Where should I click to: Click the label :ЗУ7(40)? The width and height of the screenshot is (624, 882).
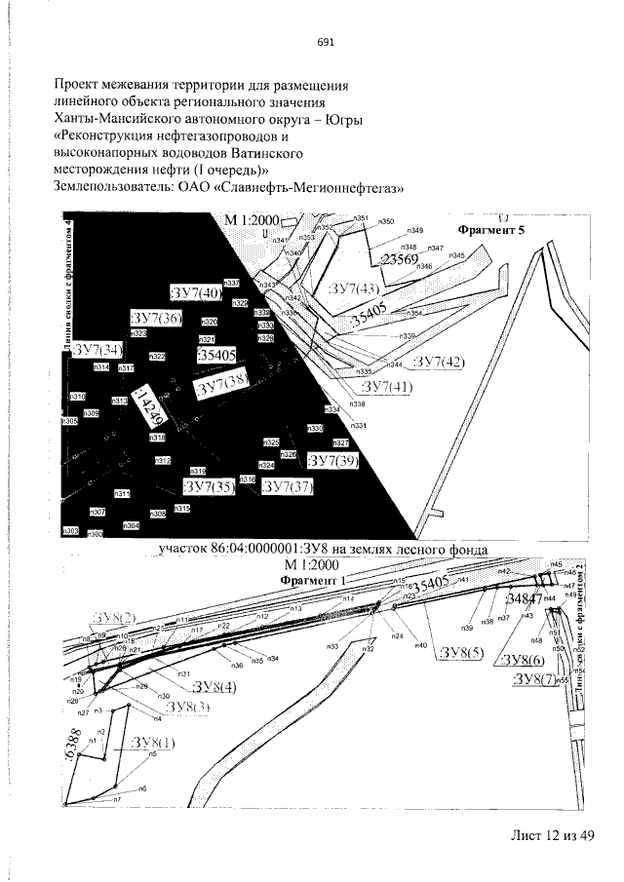pyautogui.click(x=196, y=291)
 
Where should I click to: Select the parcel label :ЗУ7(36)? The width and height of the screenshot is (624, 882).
pyautogui.click(x=156, y=318)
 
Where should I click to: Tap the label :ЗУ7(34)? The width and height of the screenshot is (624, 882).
pyautogui.click(x=99, y=349)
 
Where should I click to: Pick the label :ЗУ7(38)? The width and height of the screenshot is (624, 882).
pyautogui.click(x=222, y=387)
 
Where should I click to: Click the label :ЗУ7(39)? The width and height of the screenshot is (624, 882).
pyautogui.click(x=333, y=461)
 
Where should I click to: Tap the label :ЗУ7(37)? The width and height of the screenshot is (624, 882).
pyautogui.click(x=287, y=486)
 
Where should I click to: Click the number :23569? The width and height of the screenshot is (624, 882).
pyautogui.click(x=398, y=259)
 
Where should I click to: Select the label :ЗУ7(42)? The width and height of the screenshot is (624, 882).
pyautogui.click(x=440, y=363)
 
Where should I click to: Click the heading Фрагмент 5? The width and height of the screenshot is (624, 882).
pyautogui.click(x=491, y=231)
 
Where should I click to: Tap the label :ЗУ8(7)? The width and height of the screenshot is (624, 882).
pyautogui.click(x=533, y=678)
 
